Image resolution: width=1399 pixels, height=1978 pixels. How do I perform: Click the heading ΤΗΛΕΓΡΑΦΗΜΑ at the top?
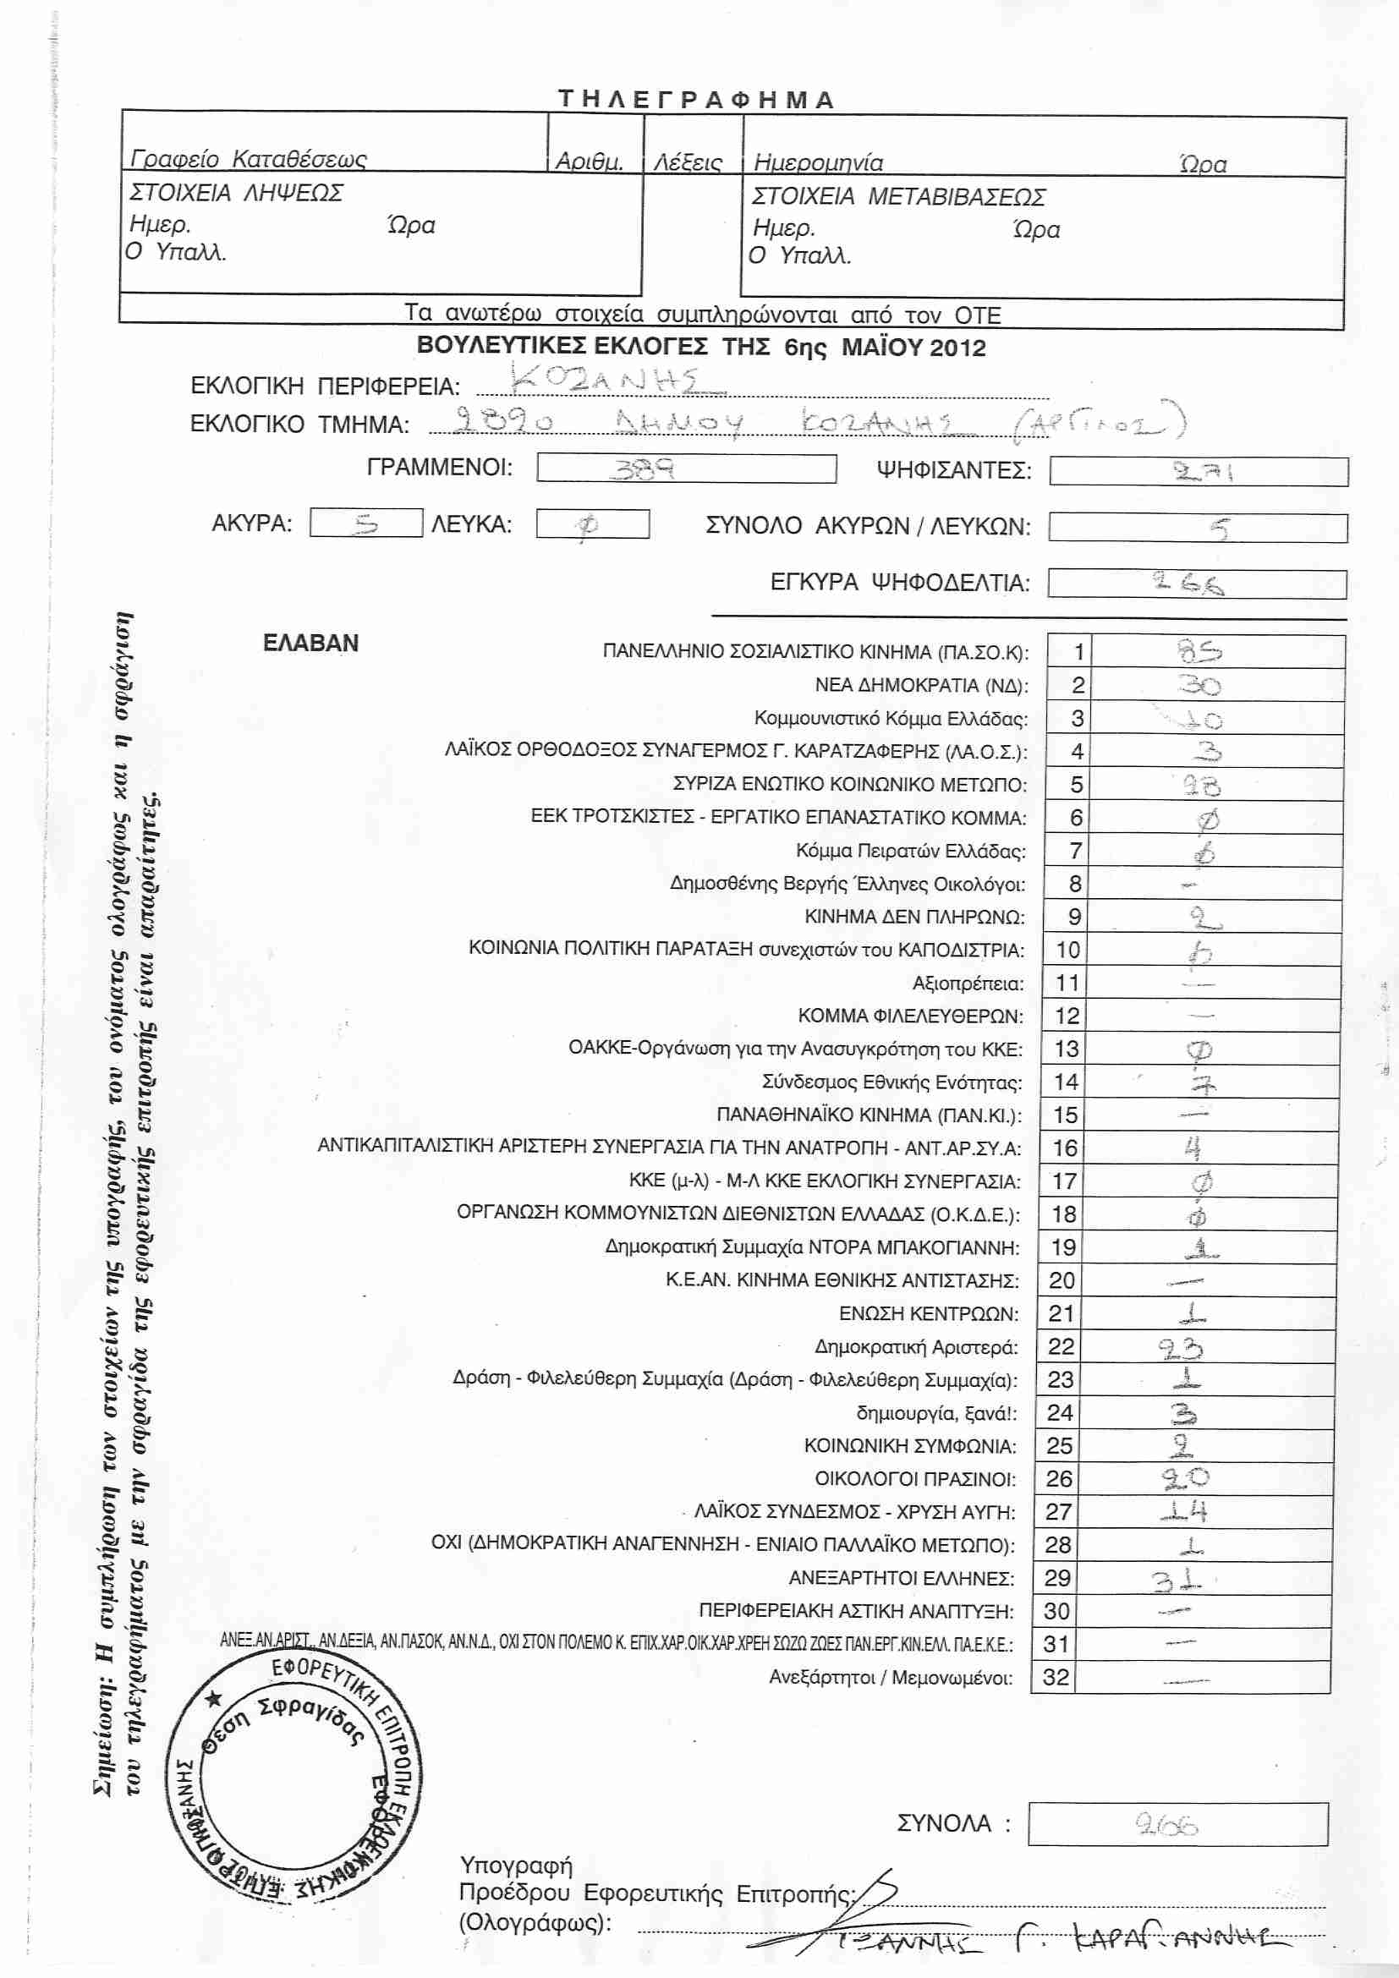[x=696, y=100]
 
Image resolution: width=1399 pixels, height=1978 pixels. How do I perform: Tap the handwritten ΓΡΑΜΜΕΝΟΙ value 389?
[x=643, y=469]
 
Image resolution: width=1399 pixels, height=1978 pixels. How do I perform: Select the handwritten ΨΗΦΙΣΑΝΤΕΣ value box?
[x=1199, y=472]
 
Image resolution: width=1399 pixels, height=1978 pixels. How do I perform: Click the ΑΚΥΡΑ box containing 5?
[x=366, y=523]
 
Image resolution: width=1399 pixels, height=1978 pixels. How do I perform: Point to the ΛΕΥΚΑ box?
[x=592, y=523]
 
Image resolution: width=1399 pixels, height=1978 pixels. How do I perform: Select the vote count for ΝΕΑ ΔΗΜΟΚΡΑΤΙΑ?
[x=1199, y=686]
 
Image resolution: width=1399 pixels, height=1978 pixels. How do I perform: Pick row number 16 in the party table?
[x=1065, y=1148]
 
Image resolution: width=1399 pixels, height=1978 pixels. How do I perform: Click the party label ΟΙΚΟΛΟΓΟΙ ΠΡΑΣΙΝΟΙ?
[x=915, y=1479]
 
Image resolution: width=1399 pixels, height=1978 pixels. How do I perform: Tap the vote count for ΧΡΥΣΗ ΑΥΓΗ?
[x=1184, y=1511]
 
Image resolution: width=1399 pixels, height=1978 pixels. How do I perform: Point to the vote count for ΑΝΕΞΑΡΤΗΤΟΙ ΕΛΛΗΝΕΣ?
[x=1177, y=1578]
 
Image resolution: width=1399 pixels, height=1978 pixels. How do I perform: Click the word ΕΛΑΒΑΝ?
[x=310, y=644]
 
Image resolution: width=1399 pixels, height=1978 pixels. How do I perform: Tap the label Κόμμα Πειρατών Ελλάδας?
[x=911, y=852]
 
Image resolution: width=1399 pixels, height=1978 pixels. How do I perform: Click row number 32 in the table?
[x=1056, y=1677]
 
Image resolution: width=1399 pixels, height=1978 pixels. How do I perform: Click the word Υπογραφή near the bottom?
[x=515, y=1866]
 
